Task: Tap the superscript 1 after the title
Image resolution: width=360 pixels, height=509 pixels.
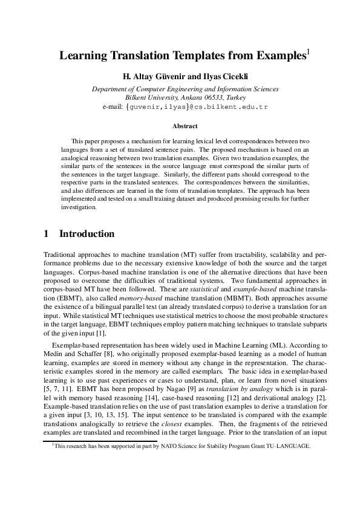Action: tap(308, 53)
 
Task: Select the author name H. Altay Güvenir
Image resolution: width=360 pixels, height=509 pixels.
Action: tap(153, 77)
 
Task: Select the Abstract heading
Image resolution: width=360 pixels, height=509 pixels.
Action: tap(185, 126)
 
